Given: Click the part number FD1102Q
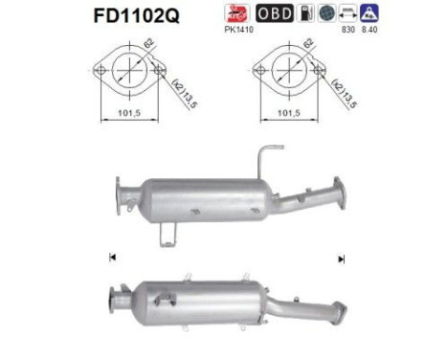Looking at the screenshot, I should click(x=133, y=17).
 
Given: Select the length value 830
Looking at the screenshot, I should click(x=346, y=30).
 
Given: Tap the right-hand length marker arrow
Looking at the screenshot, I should click(x=340, y=259).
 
